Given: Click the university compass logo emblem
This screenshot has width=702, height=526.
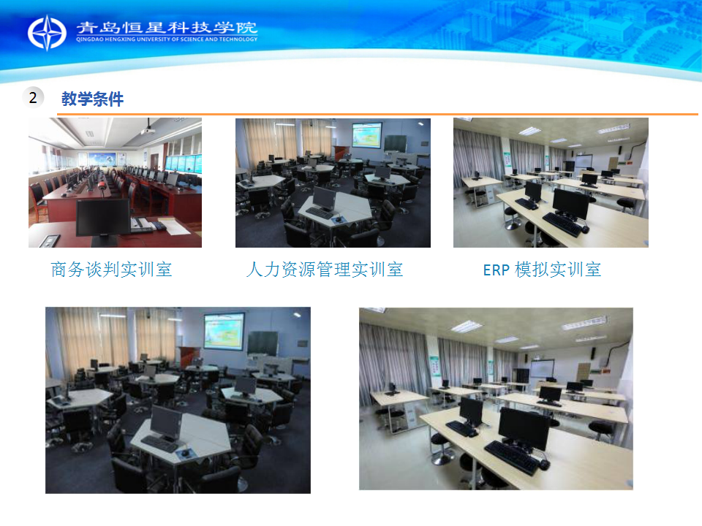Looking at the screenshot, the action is [x=47, y=33].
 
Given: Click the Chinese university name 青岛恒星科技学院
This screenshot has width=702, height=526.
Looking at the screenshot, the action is [x=167, y=27].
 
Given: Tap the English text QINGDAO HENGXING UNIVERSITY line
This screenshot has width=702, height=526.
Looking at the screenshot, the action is [x=167, y=39].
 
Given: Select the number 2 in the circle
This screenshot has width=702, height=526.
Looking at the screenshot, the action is [x=33, y=97].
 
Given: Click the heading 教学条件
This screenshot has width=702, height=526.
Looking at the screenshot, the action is [x=92, y=99].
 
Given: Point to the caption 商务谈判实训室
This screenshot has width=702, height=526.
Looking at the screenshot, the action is [x=111, y=270].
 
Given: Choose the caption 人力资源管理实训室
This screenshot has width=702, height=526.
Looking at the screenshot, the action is [x=325, y=270].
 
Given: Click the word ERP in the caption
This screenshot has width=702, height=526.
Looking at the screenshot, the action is [x=497, y=270].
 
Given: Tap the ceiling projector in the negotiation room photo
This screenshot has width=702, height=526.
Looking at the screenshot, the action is [x=148, y=131].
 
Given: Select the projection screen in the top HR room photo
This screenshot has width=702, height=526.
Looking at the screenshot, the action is [x=366, y=134].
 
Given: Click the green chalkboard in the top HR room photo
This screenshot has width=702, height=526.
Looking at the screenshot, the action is [x=396, y=143].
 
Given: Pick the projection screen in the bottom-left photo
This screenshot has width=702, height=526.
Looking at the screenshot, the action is [x=224, y=331].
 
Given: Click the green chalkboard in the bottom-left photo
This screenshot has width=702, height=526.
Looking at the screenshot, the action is [x=263, y=343].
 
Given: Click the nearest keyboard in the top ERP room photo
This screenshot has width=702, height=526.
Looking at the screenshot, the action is [x=562, y=224].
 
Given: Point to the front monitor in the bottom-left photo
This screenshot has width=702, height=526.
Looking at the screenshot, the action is [x=166, y=423].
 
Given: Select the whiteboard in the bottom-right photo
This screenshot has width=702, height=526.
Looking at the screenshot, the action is [x=542, y=369].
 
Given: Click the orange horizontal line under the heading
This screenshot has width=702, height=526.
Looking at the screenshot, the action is [x=377, y=114].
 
